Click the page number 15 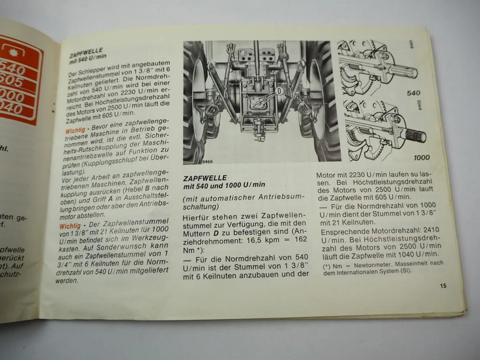tap(443, 286)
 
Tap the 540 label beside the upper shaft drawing tap(413, 93)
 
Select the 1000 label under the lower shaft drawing tap(421, 157)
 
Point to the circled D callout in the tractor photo tap(280, 91)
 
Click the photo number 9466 tap(207, 162)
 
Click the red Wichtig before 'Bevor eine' tap(75, 130)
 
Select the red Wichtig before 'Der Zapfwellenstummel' tap(70, 226)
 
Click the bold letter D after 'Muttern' tap(216, 233)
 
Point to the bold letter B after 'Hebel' tap(147, 189)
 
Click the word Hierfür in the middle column tap(196, 218)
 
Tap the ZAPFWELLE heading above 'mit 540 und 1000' tap(205, 178)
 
